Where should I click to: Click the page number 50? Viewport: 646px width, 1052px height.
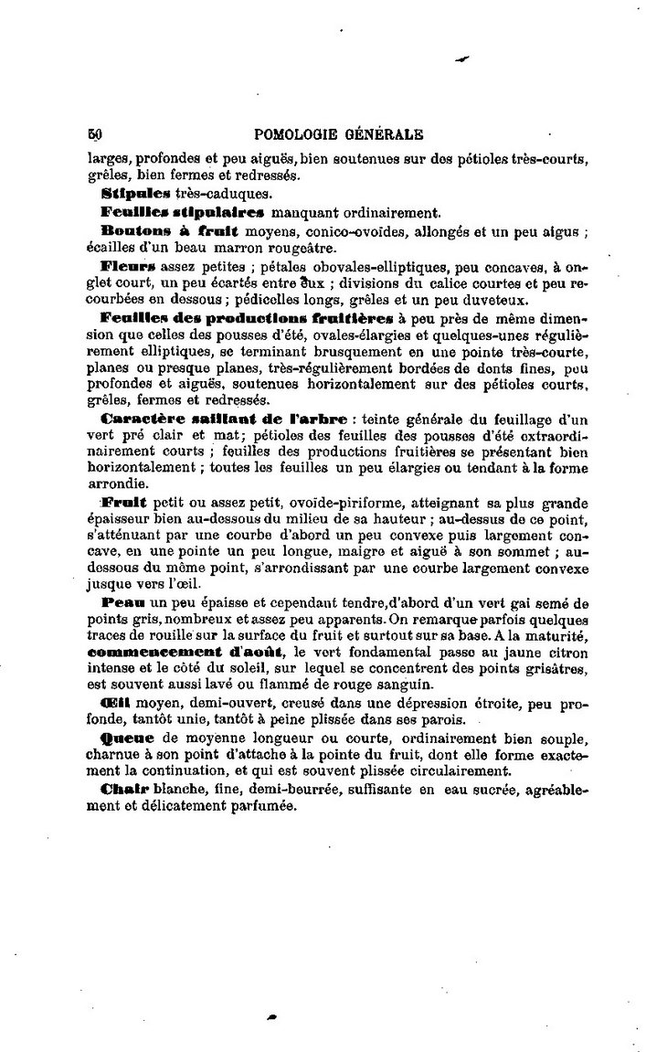point(95,133)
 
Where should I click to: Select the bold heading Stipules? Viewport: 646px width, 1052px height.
point(136,194)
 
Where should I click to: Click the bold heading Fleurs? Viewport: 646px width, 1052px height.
point(130,266)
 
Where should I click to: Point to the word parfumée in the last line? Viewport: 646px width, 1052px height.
point(266,805)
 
